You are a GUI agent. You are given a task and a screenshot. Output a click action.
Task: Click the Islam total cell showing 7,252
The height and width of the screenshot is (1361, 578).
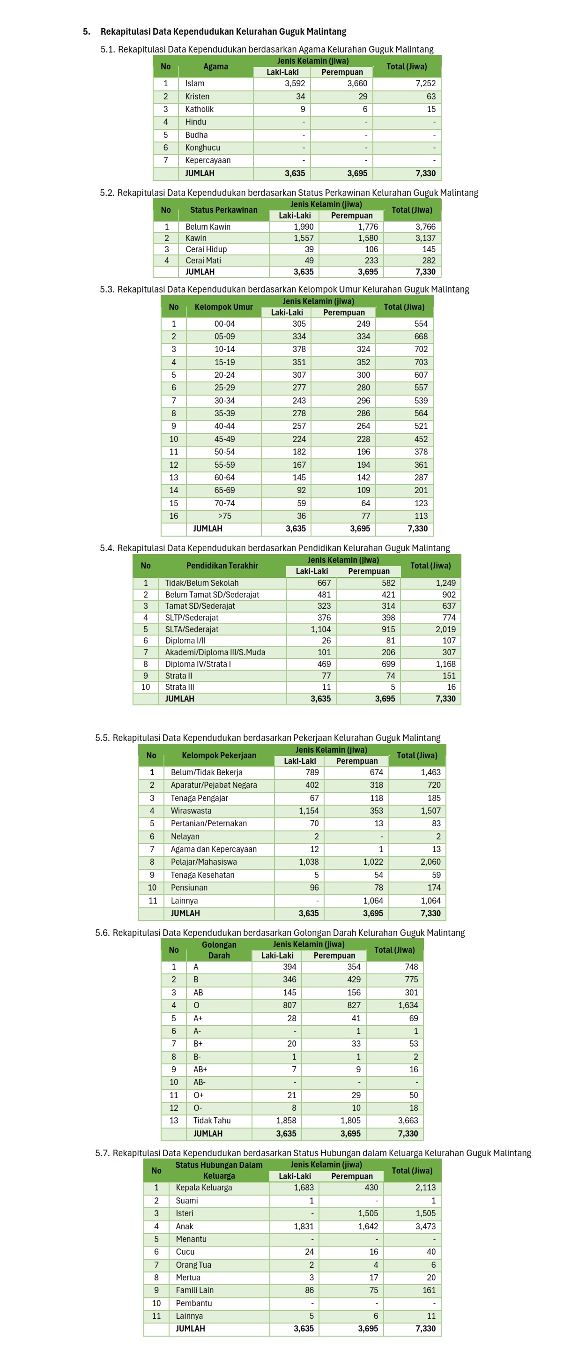(x=425, y=83)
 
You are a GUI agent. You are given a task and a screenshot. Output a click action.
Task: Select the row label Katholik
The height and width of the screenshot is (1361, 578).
(x=199, y=109)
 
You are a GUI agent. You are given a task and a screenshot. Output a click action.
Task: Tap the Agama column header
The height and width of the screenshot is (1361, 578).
(x=215, y=67)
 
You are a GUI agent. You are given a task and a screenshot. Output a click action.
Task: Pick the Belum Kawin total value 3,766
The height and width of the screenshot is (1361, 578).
(x=425, y=227)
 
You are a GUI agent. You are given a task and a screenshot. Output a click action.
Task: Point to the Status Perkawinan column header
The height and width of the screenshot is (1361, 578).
(x=223, y=210)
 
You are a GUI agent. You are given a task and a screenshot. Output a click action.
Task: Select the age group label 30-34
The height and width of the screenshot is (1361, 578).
(x=224, y=401)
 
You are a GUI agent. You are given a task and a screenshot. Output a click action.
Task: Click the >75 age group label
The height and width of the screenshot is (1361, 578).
(x=224, y=516)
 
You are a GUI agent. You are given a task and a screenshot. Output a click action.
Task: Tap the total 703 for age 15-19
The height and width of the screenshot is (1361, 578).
(x=421, y=362)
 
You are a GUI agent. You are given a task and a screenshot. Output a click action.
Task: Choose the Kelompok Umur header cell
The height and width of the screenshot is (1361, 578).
(x=223, y=307)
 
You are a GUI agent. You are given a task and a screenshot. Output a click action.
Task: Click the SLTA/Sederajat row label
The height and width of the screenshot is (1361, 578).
(x=192, y=629)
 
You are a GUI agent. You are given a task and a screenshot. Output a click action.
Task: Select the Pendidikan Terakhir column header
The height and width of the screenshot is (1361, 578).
(x=222, y=565)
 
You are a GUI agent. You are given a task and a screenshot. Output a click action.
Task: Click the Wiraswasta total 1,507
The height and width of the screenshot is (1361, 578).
(x=430, y=810)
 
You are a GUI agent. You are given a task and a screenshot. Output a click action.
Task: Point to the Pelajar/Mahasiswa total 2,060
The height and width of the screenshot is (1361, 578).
(x=430, y=862)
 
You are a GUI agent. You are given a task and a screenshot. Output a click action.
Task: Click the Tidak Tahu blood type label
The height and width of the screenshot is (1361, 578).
(x=212, y=1121)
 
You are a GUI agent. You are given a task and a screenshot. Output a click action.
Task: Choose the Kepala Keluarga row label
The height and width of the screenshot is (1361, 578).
(x=204, y=1187)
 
